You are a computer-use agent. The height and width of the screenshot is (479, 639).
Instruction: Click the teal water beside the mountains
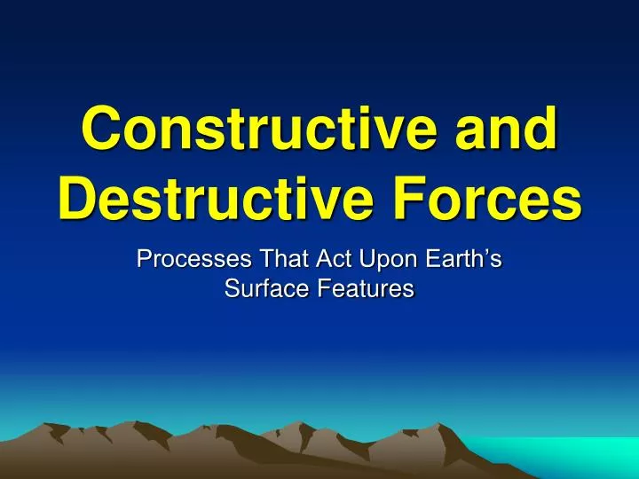pyautogui.click(x=568, y=457)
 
